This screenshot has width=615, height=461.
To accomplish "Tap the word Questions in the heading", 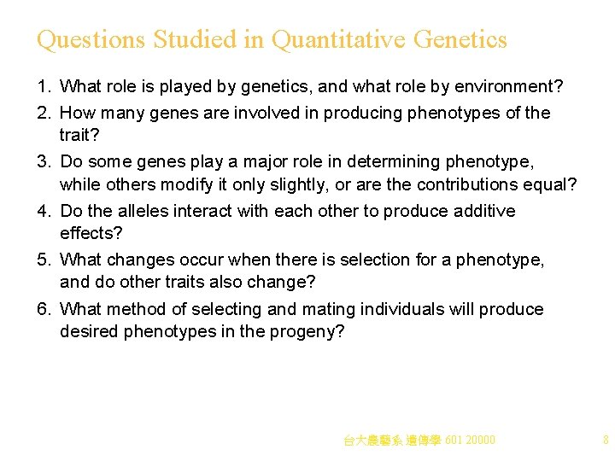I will pos(91,40).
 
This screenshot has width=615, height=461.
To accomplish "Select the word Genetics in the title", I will pos(460,40).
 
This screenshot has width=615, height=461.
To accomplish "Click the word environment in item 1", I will pos(506,86).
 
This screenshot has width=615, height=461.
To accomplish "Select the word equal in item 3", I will pos(554,184).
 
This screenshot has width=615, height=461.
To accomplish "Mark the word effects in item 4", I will pos(88,234).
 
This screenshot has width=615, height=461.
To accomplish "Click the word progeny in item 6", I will pos(311,332).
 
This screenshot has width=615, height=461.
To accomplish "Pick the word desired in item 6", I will pos(89,332).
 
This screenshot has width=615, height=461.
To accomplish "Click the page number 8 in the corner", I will pos(605,441).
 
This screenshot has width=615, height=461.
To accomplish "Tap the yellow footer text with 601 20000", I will pos(419,441).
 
